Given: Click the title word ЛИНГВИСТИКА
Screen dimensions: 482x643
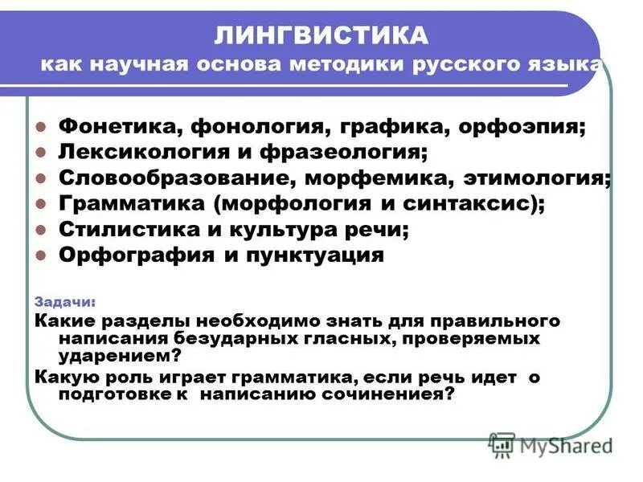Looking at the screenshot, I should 321,35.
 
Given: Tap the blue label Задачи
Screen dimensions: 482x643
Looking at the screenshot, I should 65,303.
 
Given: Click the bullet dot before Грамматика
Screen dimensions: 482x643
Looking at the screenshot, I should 42,204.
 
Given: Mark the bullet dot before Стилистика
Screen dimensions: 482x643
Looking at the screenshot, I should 42,230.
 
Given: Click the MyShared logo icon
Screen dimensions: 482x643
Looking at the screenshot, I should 502,443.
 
